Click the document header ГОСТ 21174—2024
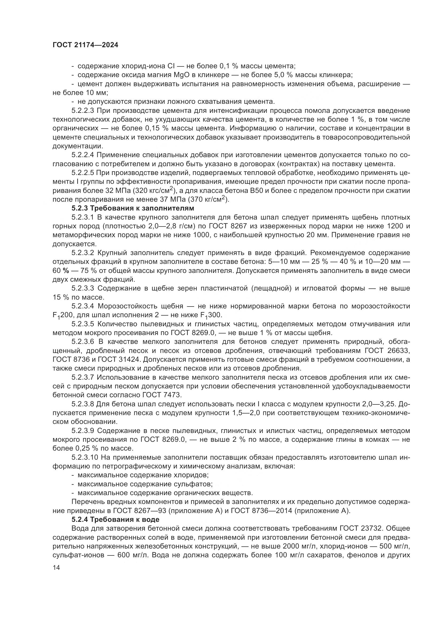86,45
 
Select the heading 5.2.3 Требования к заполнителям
133,208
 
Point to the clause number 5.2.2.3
83,111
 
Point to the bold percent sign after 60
65,271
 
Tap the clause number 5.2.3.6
83,342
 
